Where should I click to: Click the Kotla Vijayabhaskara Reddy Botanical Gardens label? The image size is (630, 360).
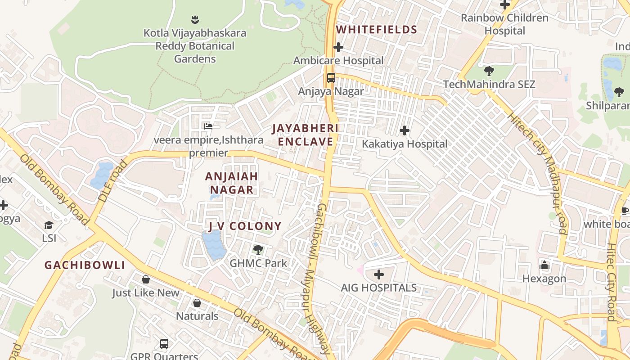pyautogui.click(x=195, y=46)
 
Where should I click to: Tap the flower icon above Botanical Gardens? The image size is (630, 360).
pyautogui.click(x=195, y=19)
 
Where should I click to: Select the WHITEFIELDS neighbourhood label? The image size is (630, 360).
pyautogui.click(x=377, y=30)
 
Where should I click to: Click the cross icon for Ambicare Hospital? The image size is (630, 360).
pyautogui.click(x=338, y=47)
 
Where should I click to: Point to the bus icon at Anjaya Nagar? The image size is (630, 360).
pyautogui.click(x=331, y=78)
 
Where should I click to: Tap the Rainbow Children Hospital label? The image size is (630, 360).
pyautogui.click(x=504, y=24)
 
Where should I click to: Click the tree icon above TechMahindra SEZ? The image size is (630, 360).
pyautogui.click(x=489, y=71)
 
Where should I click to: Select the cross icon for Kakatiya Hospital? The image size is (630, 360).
pyautogui.click(x=405, y=131)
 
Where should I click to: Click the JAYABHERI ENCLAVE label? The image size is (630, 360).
pyautogui.click(x=306, y=135)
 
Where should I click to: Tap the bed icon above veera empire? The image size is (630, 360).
pyautogui.click(x=208, y=126)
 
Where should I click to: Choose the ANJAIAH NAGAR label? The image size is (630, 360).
pyautogui.click(x=231, y=183)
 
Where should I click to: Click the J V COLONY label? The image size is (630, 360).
pyautogui.click(x=244, y=226)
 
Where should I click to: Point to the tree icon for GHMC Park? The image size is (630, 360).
pyautogui.click(x=258, y=249)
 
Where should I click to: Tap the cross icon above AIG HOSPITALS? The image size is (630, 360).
pyautogui.click(x=379, y=274)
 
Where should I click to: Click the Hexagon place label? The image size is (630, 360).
pyautogui.click(x=544, y=279)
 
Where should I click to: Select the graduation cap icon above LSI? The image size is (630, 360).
pyautogui.click(x=49, y=225)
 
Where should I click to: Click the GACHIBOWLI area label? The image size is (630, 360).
pyautogui.click(x=85, y=265)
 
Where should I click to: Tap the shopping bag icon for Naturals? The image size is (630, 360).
pyautogui.click(x=197, y=303)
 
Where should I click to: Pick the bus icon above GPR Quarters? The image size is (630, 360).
pyautogui.click(x=164, y=344)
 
